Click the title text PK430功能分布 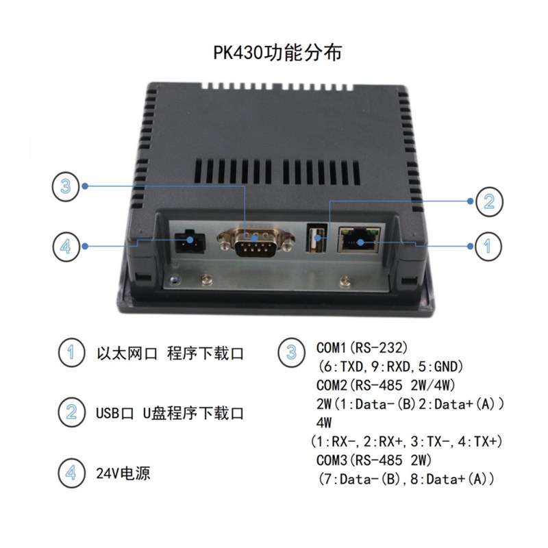click(x=274, y=53)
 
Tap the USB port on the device click(x=311, y=240)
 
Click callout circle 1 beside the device click(x=488, y=245)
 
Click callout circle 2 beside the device click(x=488, y=200)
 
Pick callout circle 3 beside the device click(x=66, y=186)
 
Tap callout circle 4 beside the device click(x=66, y=245)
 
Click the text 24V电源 click(x=123, y=473)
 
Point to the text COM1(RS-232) click(x=366, y=348)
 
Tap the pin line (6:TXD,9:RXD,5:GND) click(x=388, y=366)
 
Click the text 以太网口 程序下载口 click(x=170, y=354)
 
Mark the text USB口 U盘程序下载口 click(x=170, y=413)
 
